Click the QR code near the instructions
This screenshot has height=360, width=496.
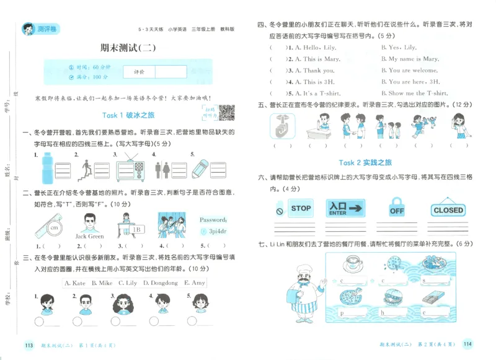click(227, 113)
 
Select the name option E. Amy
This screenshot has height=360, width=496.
click(195, 283)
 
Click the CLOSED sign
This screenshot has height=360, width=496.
click(448, 209)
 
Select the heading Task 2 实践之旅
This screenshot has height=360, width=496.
click(365, 162)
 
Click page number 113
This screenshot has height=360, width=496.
click(28, 345)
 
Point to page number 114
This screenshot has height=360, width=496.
click(468, 344)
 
